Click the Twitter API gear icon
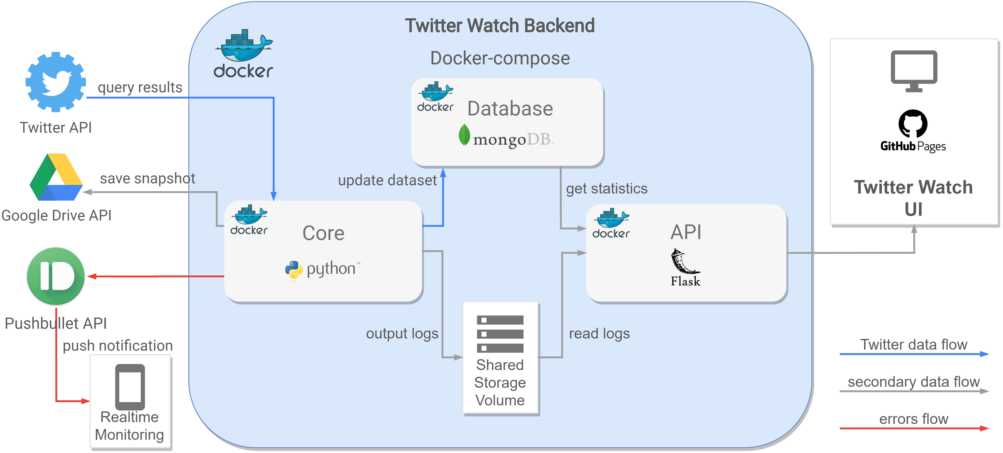point(56,82)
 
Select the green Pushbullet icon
point(56,276)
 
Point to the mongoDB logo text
point(506,138)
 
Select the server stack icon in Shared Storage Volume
point(500,334)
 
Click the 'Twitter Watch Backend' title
point(500,26)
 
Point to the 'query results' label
point(140,87)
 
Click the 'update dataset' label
point(387,180)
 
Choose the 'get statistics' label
point(607,188)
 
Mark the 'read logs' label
point(599,334)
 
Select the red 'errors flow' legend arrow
point(914,428)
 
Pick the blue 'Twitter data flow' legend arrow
point(914,354)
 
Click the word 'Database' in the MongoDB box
point(510,108)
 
